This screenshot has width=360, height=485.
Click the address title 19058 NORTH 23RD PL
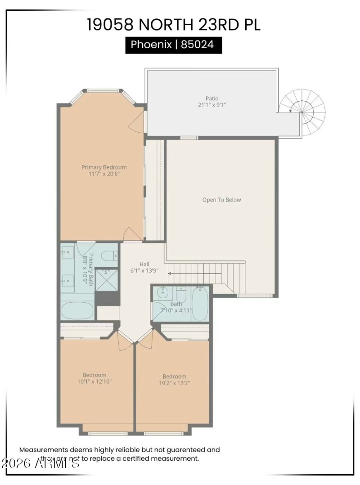[x=174, y=24]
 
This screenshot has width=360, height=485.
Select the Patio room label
[x=212, y=98]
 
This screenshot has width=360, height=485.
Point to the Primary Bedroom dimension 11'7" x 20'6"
[x=104, y=174]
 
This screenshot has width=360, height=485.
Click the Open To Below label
[x=221, y=200]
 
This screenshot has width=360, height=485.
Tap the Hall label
[x=144, y=264]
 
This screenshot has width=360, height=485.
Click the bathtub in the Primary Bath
[x=77, y=310]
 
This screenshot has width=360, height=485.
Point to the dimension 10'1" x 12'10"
[x=94, y=382]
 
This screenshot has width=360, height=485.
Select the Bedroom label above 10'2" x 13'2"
[x=174, y=376]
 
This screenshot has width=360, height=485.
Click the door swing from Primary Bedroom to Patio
[x=137, y=122]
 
